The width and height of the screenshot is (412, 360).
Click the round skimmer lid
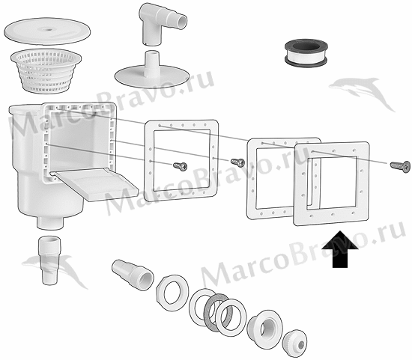47,31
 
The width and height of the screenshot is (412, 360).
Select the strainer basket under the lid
46,70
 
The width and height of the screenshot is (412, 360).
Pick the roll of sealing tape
306,53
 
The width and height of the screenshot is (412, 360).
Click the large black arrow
340,250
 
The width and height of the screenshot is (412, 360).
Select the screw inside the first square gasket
181,166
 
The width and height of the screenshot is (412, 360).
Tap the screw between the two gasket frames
237,162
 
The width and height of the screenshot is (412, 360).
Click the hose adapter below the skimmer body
50,260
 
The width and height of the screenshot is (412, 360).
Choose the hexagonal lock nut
172,293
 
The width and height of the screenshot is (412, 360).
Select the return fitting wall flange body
265,327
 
